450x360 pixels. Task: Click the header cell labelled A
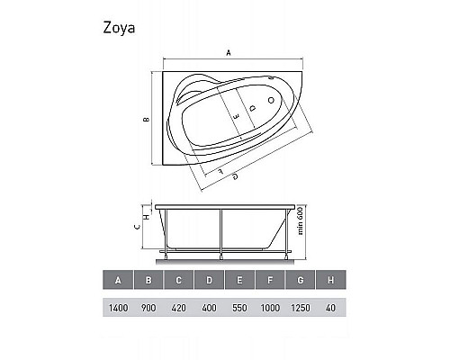(x=118, y=281)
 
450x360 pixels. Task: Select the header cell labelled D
(x=209, y=281)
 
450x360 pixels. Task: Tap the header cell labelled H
(x=330, y=281)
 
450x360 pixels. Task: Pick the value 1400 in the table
(x=118, y=308)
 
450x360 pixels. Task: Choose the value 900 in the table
(x=148, y=308)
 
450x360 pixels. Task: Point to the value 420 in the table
(x=178, y=308)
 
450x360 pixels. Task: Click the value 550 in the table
(x=239, y=308)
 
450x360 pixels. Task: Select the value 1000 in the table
(x=270, y=308)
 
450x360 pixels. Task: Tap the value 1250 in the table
(x=301, y=308)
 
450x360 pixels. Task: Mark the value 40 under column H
(x=330, y=308)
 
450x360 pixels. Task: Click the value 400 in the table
(x=209, y=308)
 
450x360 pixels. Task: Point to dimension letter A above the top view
(x=228, y=54)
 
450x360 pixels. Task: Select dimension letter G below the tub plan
(x=235, y=175)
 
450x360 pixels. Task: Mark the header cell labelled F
(x=270, y=281)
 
